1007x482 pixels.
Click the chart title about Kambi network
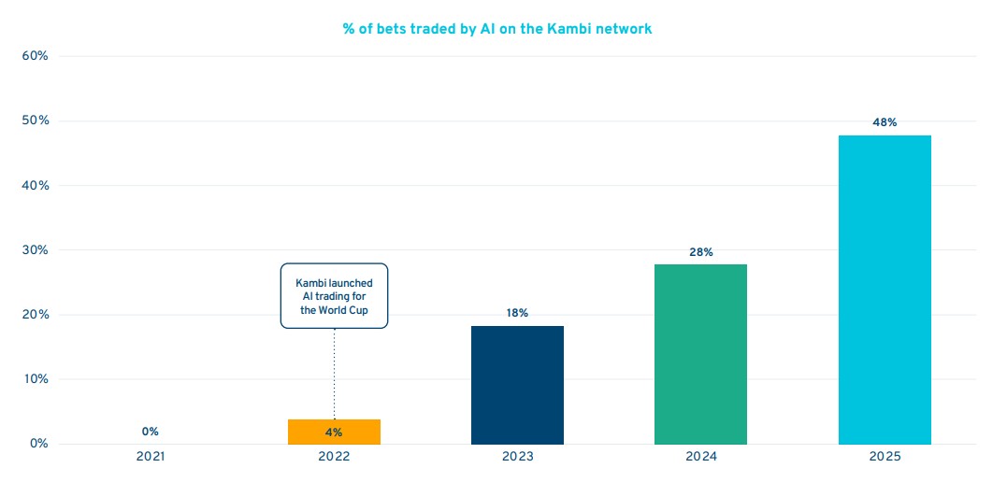pos(496,29)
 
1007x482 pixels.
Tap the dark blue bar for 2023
pos(517,385)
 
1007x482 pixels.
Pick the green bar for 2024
pos(700,354)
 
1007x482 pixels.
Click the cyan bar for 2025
pos(884,290)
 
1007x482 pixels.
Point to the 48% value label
pos(885,122)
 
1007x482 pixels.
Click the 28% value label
pos(701,252)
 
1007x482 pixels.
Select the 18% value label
pos(517,313)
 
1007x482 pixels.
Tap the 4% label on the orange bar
pos(334,432)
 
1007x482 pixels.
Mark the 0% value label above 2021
pos(151,432)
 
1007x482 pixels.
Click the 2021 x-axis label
pos(151,457)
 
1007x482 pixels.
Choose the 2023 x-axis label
pos(517,457)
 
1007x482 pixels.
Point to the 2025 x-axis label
pos(885,457)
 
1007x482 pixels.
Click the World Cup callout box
pos(334,296)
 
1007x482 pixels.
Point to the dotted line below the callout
pos(334,374)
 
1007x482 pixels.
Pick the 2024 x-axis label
pos(701,457)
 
